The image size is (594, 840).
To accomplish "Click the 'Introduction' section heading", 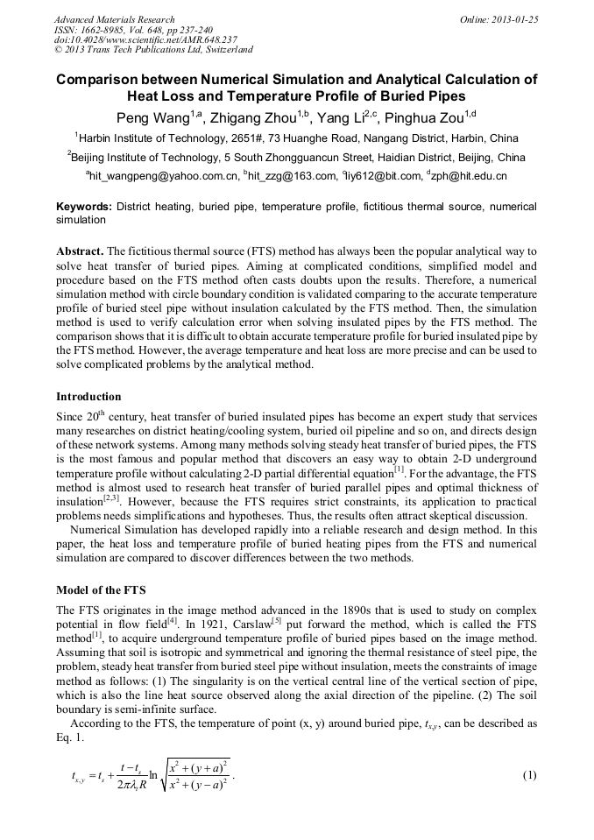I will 88,397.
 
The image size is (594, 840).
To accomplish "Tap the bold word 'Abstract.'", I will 80,251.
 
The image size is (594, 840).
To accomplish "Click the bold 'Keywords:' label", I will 84,207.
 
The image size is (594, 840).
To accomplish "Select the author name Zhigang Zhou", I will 251,118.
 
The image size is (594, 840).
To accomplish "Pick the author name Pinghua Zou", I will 430,118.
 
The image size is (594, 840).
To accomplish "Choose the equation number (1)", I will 528,775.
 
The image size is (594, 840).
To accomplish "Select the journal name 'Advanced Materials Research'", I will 114,19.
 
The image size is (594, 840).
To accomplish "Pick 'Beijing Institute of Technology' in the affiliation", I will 145,159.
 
